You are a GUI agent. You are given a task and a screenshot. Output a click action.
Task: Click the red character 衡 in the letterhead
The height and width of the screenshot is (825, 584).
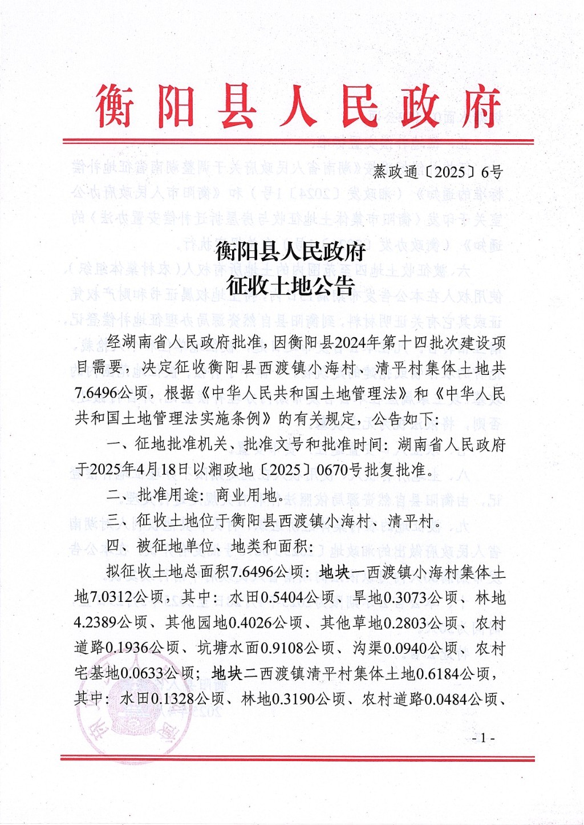[115, 106]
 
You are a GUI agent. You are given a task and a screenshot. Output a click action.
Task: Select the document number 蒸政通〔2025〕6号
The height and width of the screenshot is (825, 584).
[438, 171]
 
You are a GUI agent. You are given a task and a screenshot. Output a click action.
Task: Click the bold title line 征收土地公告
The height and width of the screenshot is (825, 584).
[290, 285]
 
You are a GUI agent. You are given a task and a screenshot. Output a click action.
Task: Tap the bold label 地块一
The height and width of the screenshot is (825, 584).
[342, 572]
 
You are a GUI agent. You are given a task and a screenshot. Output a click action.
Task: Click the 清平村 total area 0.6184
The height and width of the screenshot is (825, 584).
[437, 674]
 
